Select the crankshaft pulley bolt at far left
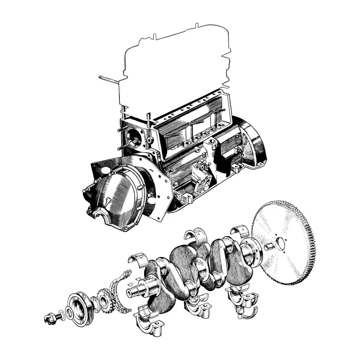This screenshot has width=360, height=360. pyautogui.click(x=51, y=317)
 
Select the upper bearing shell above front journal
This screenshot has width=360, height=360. pyautogui.click(x=138, y=257)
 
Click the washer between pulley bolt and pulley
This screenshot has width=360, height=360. pyautogui.click(x=62, y=313)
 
